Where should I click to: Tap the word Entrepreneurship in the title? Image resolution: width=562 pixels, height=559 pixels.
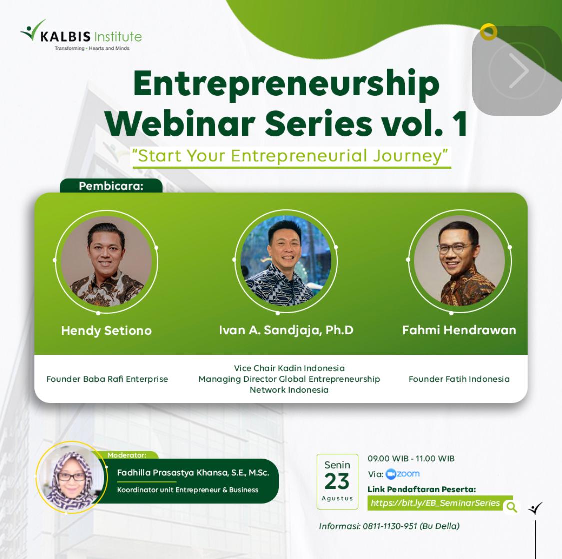pyautogui.click(x=286, y=84)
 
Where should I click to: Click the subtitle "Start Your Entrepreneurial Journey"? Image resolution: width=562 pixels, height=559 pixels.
pyautogui.click(x=290, y=156)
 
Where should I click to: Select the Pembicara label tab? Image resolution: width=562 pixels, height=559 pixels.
pyautogui.click(x=111, y=186)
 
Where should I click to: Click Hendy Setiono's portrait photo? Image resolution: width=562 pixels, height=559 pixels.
pyautogui.click(x=106, y=261)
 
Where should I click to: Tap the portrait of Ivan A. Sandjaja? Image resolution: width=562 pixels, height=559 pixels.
pyautogui.click(x=286, y=261)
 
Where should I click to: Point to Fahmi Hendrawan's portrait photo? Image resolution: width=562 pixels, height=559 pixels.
pyautogui.click(x=459, y=261)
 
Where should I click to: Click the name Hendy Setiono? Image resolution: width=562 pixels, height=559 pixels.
pyautogui.click(x=106, y=331)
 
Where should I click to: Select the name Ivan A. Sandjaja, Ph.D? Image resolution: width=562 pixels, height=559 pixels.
pyautogui.click(x=286, y=330)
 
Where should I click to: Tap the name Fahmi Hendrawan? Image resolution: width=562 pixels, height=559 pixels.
pyautogui.click(x=459, y=330)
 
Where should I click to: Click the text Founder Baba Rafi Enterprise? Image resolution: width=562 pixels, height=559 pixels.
pyautogui.click(x=107, y=379)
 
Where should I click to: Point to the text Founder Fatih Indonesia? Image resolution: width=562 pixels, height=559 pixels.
pyautogui.click(x=459, y=379)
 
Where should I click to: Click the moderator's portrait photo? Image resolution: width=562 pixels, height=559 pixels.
pyautogui.click(x=71, y=477)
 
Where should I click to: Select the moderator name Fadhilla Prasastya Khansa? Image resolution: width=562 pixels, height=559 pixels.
pyautogui.click(x=193, y=473)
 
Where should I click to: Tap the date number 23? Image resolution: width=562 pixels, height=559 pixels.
pyautogui.click(x=337, y=481)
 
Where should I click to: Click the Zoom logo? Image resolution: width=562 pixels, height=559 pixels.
pyautogui.click(x=403, y=474)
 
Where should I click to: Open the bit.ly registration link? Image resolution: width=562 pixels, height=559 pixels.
pyautogui.click(x=435, y=503)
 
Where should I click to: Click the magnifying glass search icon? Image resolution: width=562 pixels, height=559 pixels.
pyautogui.click(x=511, y=507)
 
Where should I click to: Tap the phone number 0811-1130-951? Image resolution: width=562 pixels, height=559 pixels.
pyautogui.click(x=390, y=526)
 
